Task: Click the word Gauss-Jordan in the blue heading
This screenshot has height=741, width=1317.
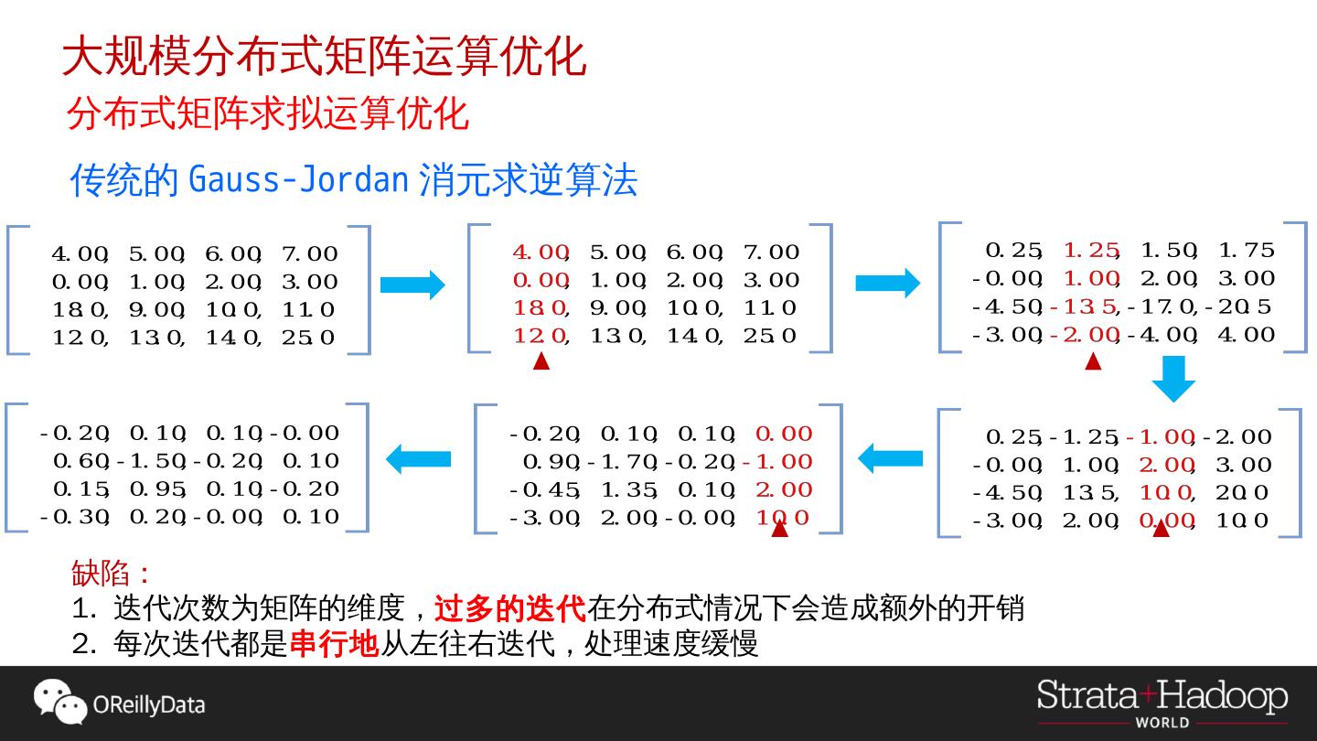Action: pos(297,179)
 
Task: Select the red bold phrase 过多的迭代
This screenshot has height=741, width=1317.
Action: pos(509,608)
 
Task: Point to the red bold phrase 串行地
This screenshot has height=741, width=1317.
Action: pos(334,644)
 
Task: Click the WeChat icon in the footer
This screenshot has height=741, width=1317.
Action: pos(59,702)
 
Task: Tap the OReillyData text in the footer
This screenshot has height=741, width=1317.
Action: pos(149,705)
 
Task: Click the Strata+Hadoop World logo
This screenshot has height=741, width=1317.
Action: pos(1162,702)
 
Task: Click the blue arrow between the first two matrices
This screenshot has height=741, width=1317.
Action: pos(412,285)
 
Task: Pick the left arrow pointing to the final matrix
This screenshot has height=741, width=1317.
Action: pos(419,457)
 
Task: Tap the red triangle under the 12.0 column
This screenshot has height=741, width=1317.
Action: pos(541,361)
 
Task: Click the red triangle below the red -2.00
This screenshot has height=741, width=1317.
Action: pos(1092,361)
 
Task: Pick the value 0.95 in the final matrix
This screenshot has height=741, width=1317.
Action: pos(157,489)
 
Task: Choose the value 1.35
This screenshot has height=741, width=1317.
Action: pos(630,490)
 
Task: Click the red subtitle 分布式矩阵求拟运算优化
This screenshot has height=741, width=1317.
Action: pos(267,114)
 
